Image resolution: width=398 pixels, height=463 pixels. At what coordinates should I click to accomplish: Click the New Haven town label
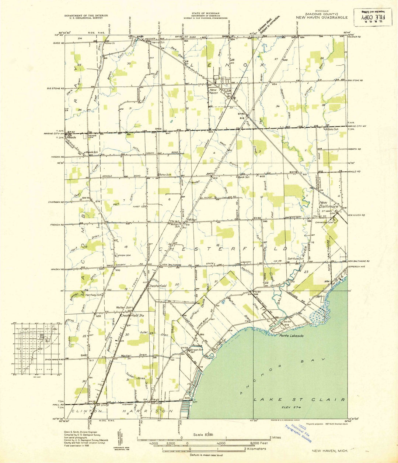(214, 91)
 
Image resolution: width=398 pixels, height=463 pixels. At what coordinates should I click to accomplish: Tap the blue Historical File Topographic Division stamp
(298, 432)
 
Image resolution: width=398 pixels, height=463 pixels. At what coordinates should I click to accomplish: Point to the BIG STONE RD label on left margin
(56, 89)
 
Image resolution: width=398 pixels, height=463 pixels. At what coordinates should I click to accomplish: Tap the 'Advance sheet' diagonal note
(269, 23)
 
